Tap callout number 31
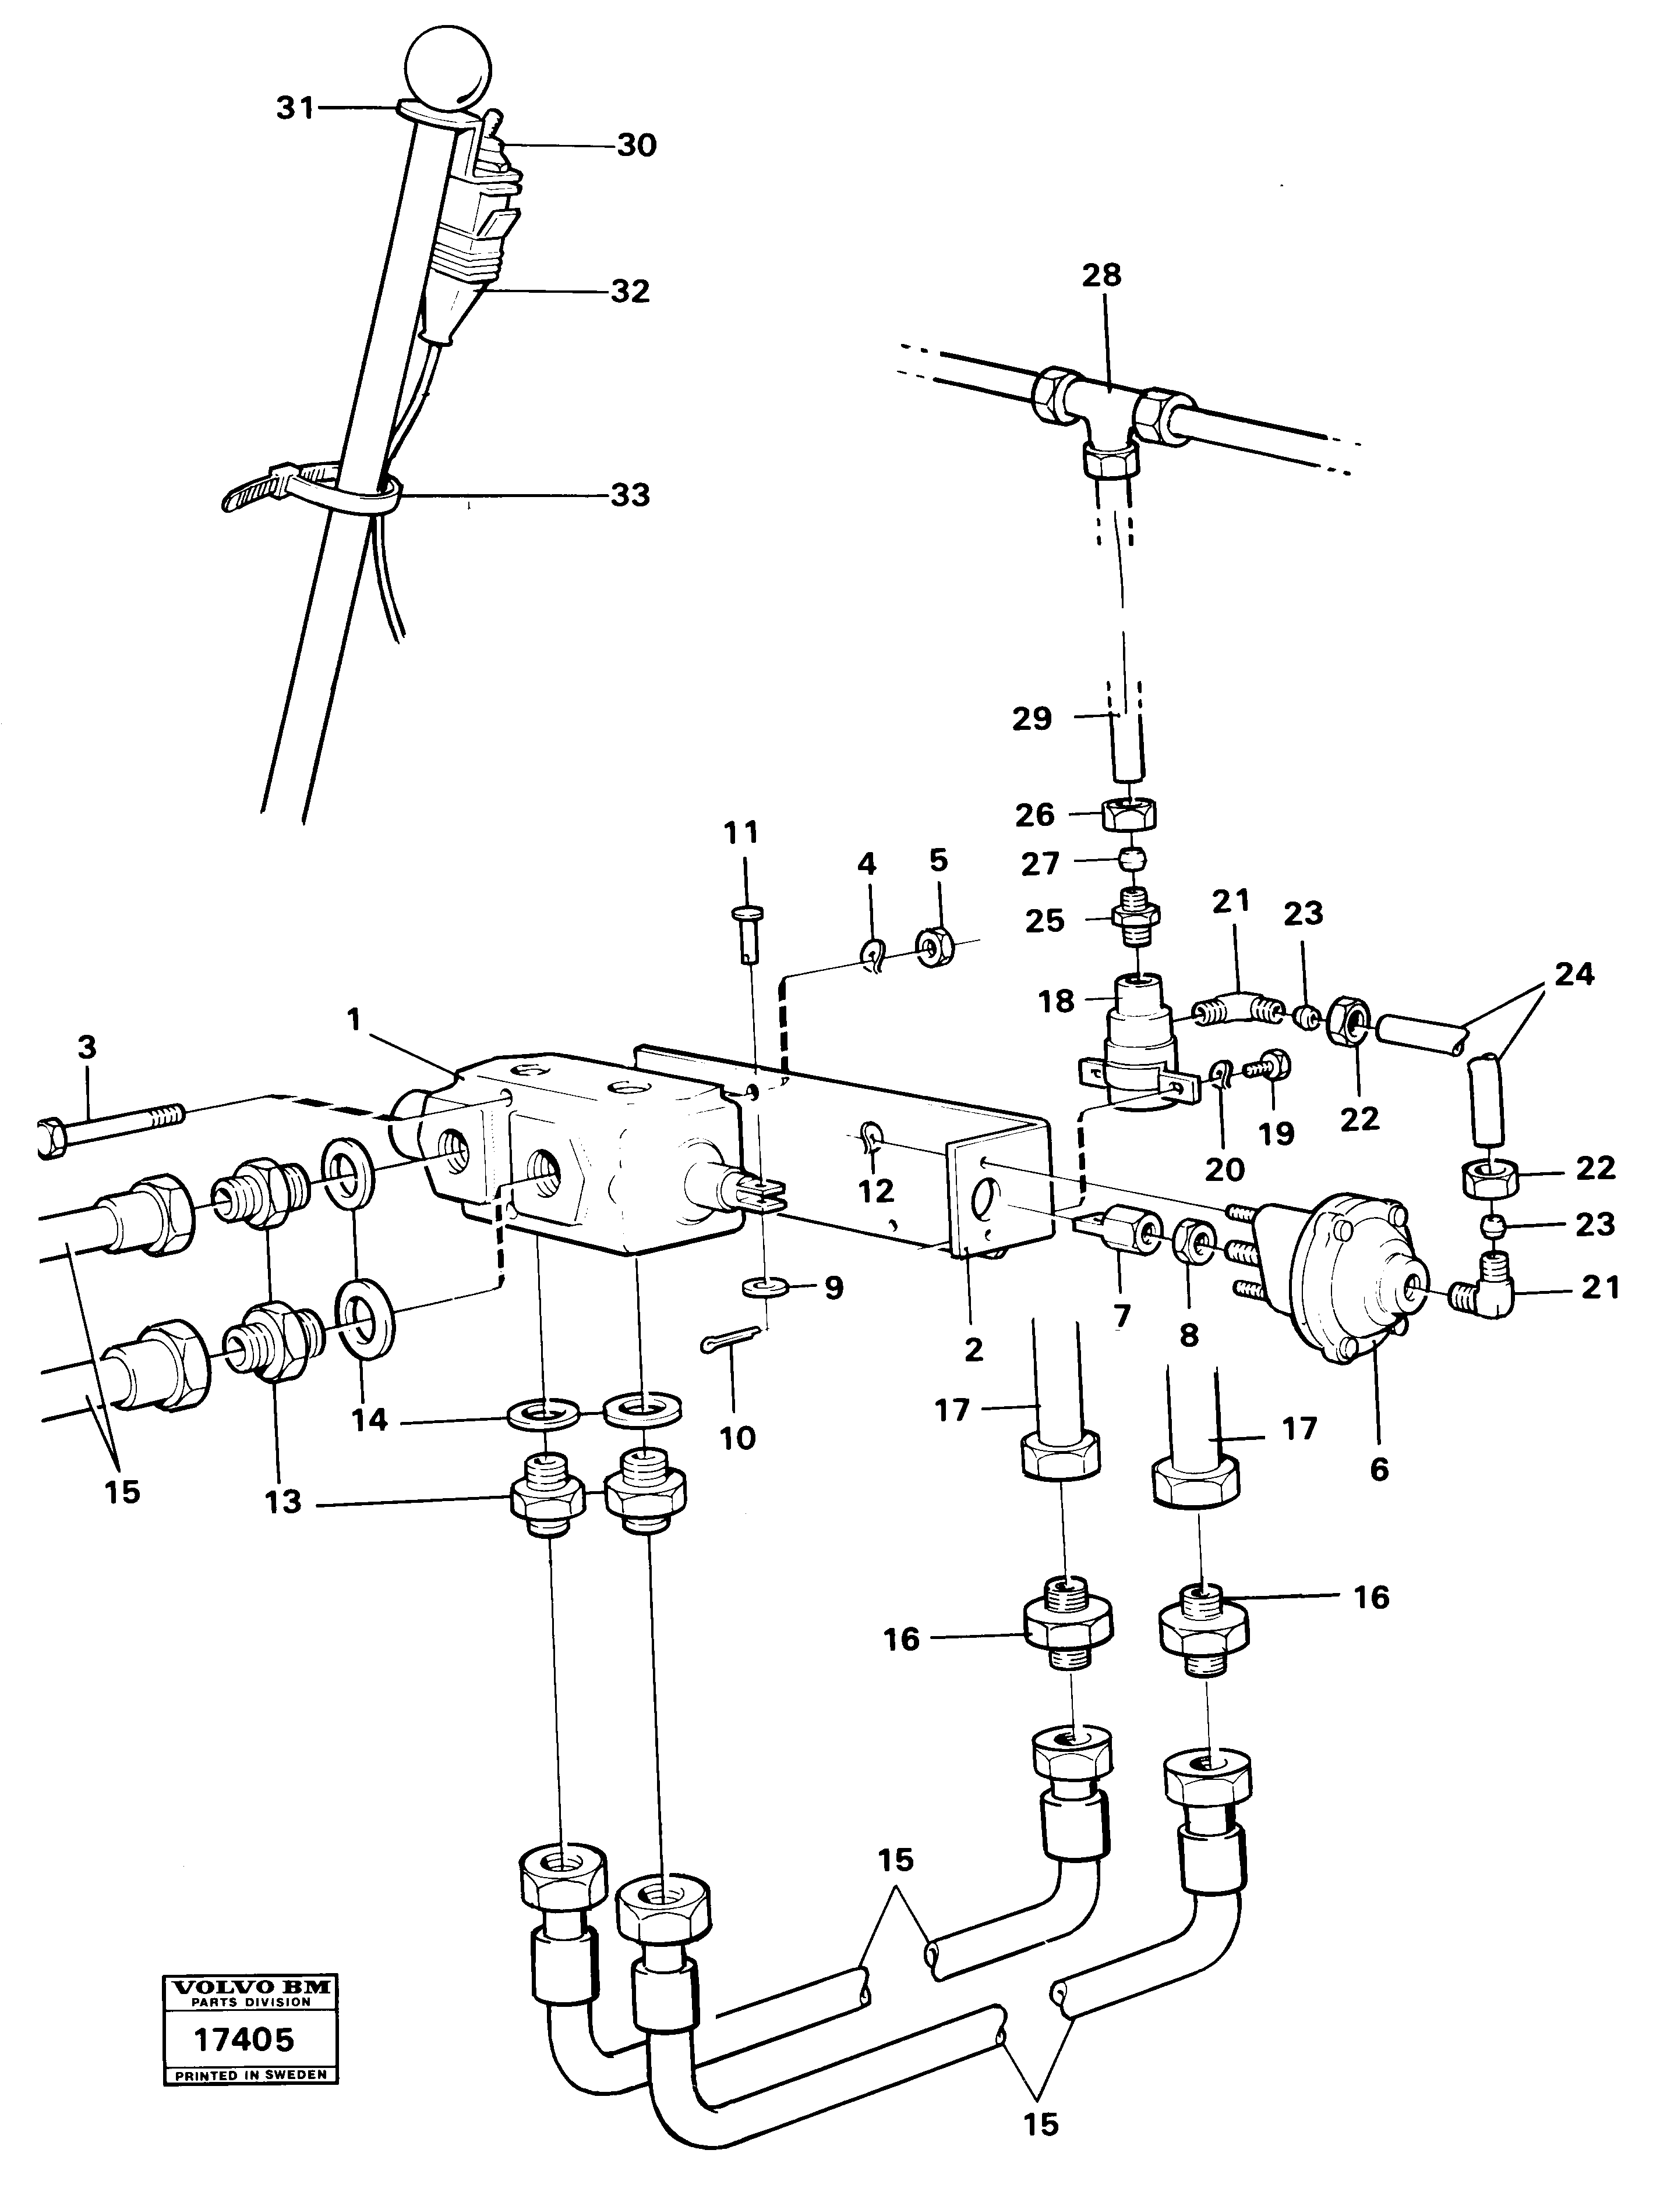pyautogui.click(x=295, y=108)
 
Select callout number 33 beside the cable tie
pyautogui.click(x=630, y=495)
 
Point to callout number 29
pyautogui.click(x=1032, y=718)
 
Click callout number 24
pyautogui.click(x=1574, y=974)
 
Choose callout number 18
pyautogui.click(x=1057, y=1001)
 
